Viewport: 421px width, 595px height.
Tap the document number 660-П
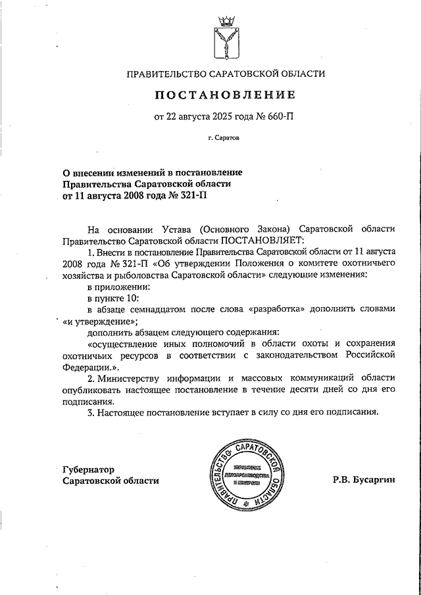tap(279, 118)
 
